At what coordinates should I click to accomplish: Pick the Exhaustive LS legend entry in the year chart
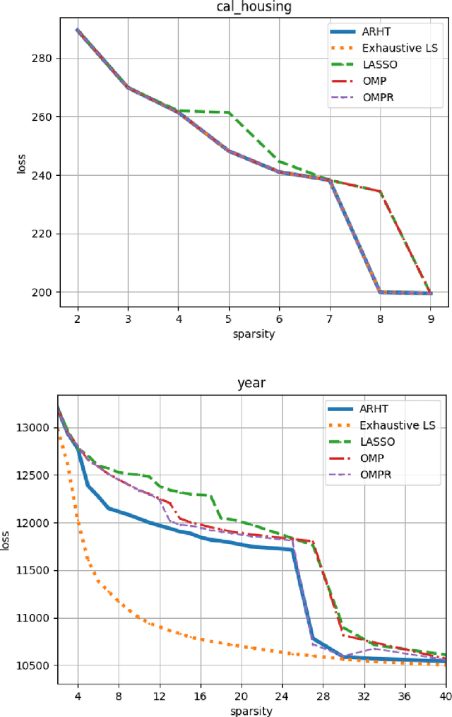tap(398, 425)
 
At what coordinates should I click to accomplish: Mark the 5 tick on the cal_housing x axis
tap(229, 319)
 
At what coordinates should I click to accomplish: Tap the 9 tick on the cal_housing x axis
tap(430, 319)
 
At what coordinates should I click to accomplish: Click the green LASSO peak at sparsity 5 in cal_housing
tap(229, 112)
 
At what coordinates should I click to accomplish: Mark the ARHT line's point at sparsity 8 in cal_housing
tap(380, 292)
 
